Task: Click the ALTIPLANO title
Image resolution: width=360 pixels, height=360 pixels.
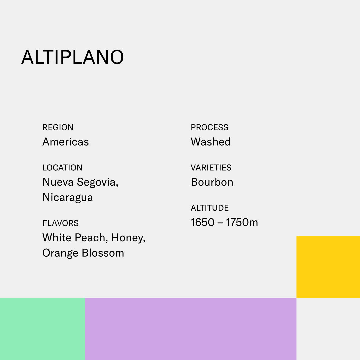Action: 73,57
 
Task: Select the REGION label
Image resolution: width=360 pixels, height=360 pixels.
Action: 58,127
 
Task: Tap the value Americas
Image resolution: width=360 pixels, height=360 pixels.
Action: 66,142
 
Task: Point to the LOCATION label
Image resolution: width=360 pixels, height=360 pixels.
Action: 62,168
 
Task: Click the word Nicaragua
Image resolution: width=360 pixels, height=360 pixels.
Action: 68,197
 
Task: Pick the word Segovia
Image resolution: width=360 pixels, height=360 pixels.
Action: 97,182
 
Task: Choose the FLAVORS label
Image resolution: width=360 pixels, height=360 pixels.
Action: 60,223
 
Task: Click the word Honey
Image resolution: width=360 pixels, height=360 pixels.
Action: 128,238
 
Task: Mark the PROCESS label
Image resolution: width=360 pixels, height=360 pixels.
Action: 209,127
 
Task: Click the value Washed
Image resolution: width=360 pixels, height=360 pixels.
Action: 211,142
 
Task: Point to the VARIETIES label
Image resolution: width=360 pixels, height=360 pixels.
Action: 211,168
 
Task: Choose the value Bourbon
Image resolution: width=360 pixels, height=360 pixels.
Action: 212,182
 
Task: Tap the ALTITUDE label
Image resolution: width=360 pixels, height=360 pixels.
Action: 210,208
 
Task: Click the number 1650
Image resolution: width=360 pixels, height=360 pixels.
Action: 202,223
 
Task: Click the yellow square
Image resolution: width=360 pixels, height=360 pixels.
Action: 328,267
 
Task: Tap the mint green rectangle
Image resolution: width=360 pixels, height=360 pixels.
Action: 42,329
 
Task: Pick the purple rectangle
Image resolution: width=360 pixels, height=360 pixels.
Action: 190,329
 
